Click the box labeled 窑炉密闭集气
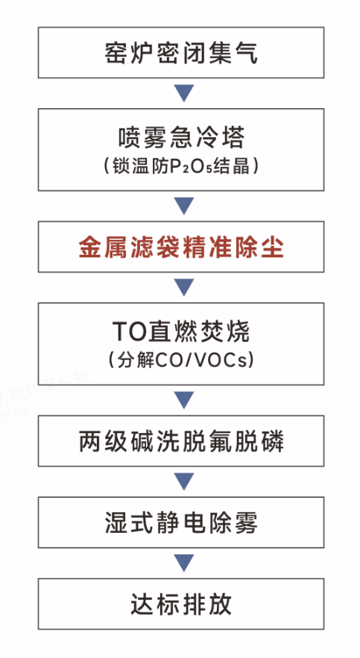tap(181, 52)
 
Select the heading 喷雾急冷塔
tap(181, 138)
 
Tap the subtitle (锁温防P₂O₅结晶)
tap(181, 167)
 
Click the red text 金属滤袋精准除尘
tap(181, 248)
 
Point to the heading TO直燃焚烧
tap(181, 332)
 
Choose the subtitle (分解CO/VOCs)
tap(181, 361)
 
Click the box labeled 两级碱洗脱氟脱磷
tap(181, 440)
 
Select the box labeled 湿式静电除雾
tap(181, 522)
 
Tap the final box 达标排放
tap(181, 604)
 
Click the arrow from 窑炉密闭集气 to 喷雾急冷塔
tap(184, 92)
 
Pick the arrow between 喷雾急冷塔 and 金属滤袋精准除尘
tap(184, 205)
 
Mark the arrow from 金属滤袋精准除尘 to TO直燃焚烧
tap(184, 287)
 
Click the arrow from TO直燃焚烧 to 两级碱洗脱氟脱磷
tap(184, 399)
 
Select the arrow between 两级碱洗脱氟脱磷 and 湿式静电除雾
tap(184, 481)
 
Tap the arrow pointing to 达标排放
tap(184, 563)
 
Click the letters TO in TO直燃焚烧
tap(129, 332)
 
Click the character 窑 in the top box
tap(116, 53)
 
